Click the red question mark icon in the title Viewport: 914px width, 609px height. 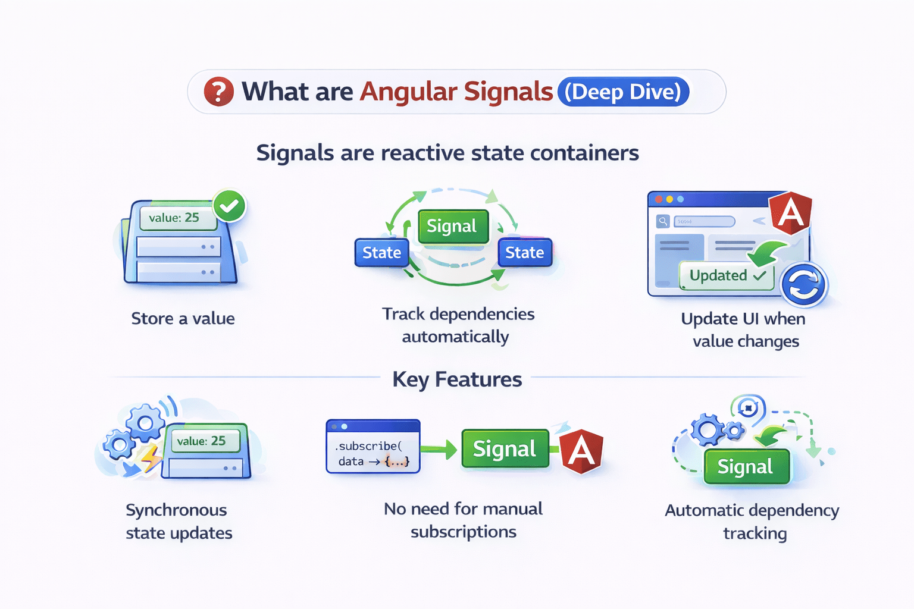tap(218, 92)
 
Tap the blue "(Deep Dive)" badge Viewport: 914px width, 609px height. tap(623, 92)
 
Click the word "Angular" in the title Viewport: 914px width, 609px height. tap(408, 92)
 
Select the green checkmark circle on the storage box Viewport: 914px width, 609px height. tap(229, 206)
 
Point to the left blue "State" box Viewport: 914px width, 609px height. tap(381, 253)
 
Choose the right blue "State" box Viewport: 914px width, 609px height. tap(525, 253)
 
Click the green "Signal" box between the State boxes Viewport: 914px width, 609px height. tap(452, 226)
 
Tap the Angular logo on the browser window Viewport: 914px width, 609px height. tap(791, 212)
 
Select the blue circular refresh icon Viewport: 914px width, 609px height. tap(803, 285)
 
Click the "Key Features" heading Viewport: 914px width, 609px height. tap(457, 379)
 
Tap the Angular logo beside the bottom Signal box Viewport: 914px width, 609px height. tap(581, 451)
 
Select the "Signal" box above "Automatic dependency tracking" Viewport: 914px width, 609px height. tap(746, 466)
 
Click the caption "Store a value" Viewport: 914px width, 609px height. tap(183, 319)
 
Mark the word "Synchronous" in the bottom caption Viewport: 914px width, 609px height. tap(176, 510)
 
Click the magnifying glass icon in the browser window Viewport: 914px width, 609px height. tap(663, 221)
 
